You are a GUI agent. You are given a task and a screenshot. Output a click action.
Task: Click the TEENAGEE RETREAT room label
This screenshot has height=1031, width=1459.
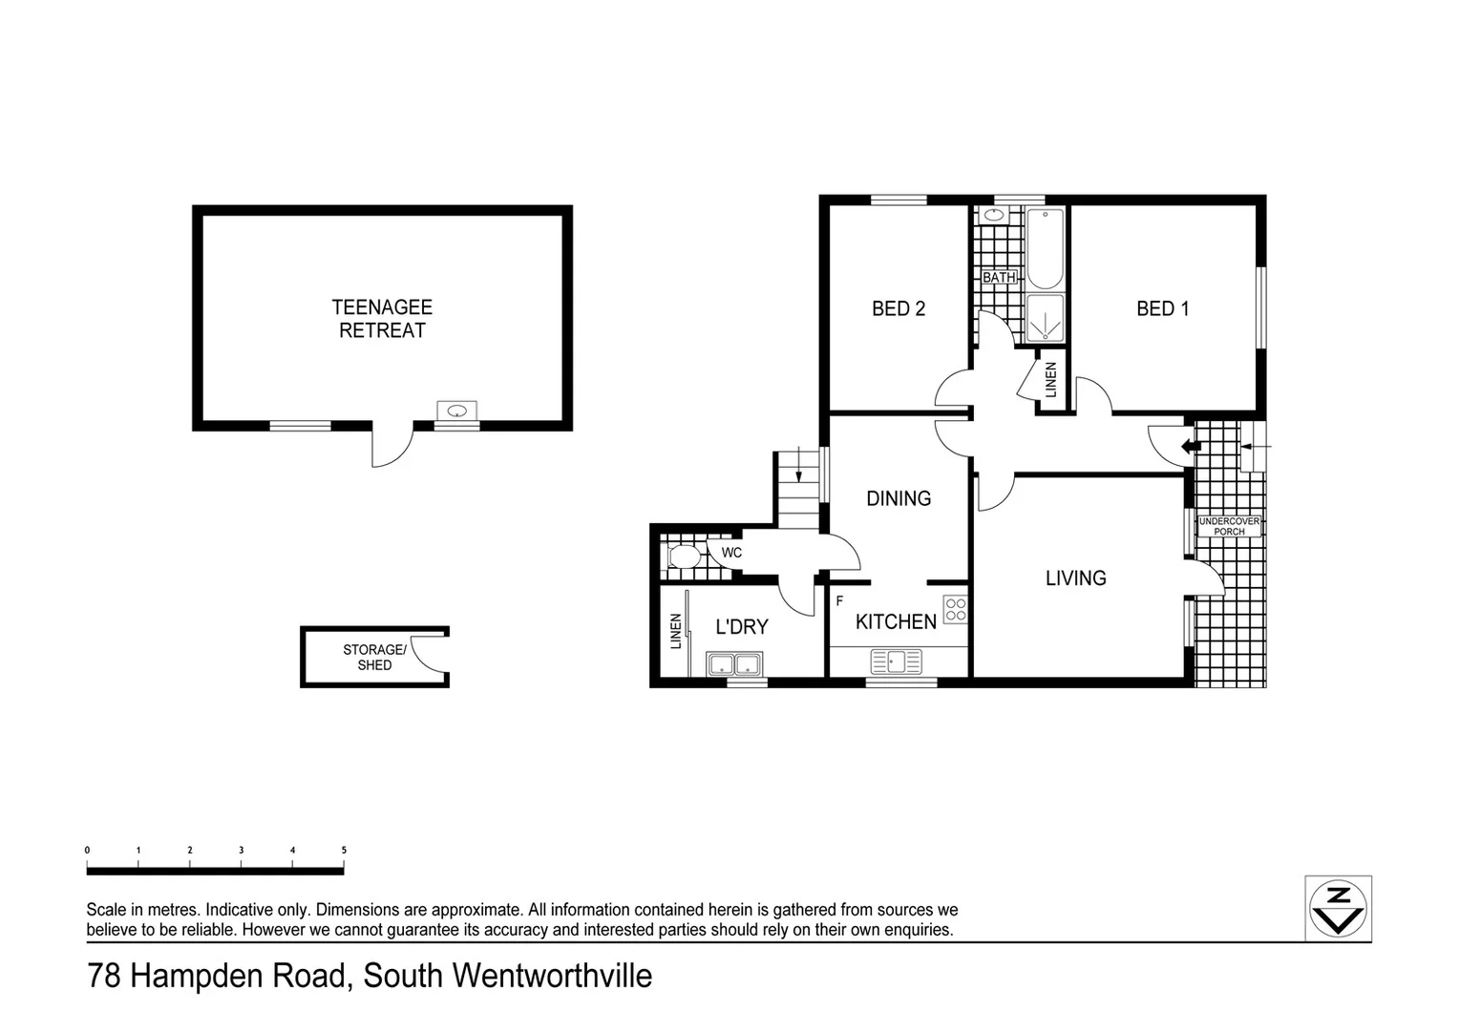pos(382,319)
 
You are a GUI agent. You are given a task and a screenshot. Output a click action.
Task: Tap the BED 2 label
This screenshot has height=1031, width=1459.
pos(898,308)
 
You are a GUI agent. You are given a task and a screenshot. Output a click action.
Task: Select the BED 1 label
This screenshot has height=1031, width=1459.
pos(1162,308)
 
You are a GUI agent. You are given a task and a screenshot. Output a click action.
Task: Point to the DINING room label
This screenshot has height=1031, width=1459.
pos(898,498)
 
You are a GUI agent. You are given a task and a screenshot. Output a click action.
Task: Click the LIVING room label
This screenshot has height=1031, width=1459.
pos(1075,578)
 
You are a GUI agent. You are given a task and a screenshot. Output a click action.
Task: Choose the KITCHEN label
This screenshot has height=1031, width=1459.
pos(896,621)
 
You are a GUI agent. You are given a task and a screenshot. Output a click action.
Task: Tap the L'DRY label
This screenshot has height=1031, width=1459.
pos(742,626)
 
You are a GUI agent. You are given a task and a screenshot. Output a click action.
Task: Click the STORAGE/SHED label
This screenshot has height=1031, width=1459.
pos(374,658)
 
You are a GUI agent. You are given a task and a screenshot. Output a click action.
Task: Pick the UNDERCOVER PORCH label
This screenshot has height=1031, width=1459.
pos(1229,526)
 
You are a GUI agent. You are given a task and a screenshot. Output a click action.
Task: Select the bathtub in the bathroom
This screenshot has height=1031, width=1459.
pos(1045,248)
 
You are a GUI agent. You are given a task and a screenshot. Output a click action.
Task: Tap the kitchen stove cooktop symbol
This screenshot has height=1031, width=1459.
pos(955,610)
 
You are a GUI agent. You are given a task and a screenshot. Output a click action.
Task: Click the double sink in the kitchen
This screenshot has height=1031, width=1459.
pos(897,661)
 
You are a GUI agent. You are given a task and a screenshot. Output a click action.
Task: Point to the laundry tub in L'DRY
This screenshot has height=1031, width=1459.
pos(734,663)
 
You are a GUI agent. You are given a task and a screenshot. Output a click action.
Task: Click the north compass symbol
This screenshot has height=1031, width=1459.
pos(1339,908)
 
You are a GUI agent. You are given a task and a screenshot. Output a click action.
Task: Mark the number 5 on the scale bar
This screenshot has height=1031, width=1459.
pos(344,850)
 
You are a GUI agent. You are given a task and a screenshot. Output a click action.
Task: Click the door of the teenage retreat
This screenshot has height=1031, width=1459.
pos(391,447)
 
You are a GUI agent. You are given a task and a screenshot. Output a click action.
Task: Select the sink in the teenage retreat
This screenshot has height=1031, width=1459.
pos(457,411)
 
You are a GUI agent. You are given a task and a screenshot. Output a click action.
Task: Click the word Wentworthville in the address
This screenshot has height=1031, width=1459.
pos(552,976)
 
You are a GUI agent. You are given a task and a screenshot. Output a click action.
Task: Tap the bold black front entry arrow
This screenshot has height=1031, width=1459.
pos(1190,446)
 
